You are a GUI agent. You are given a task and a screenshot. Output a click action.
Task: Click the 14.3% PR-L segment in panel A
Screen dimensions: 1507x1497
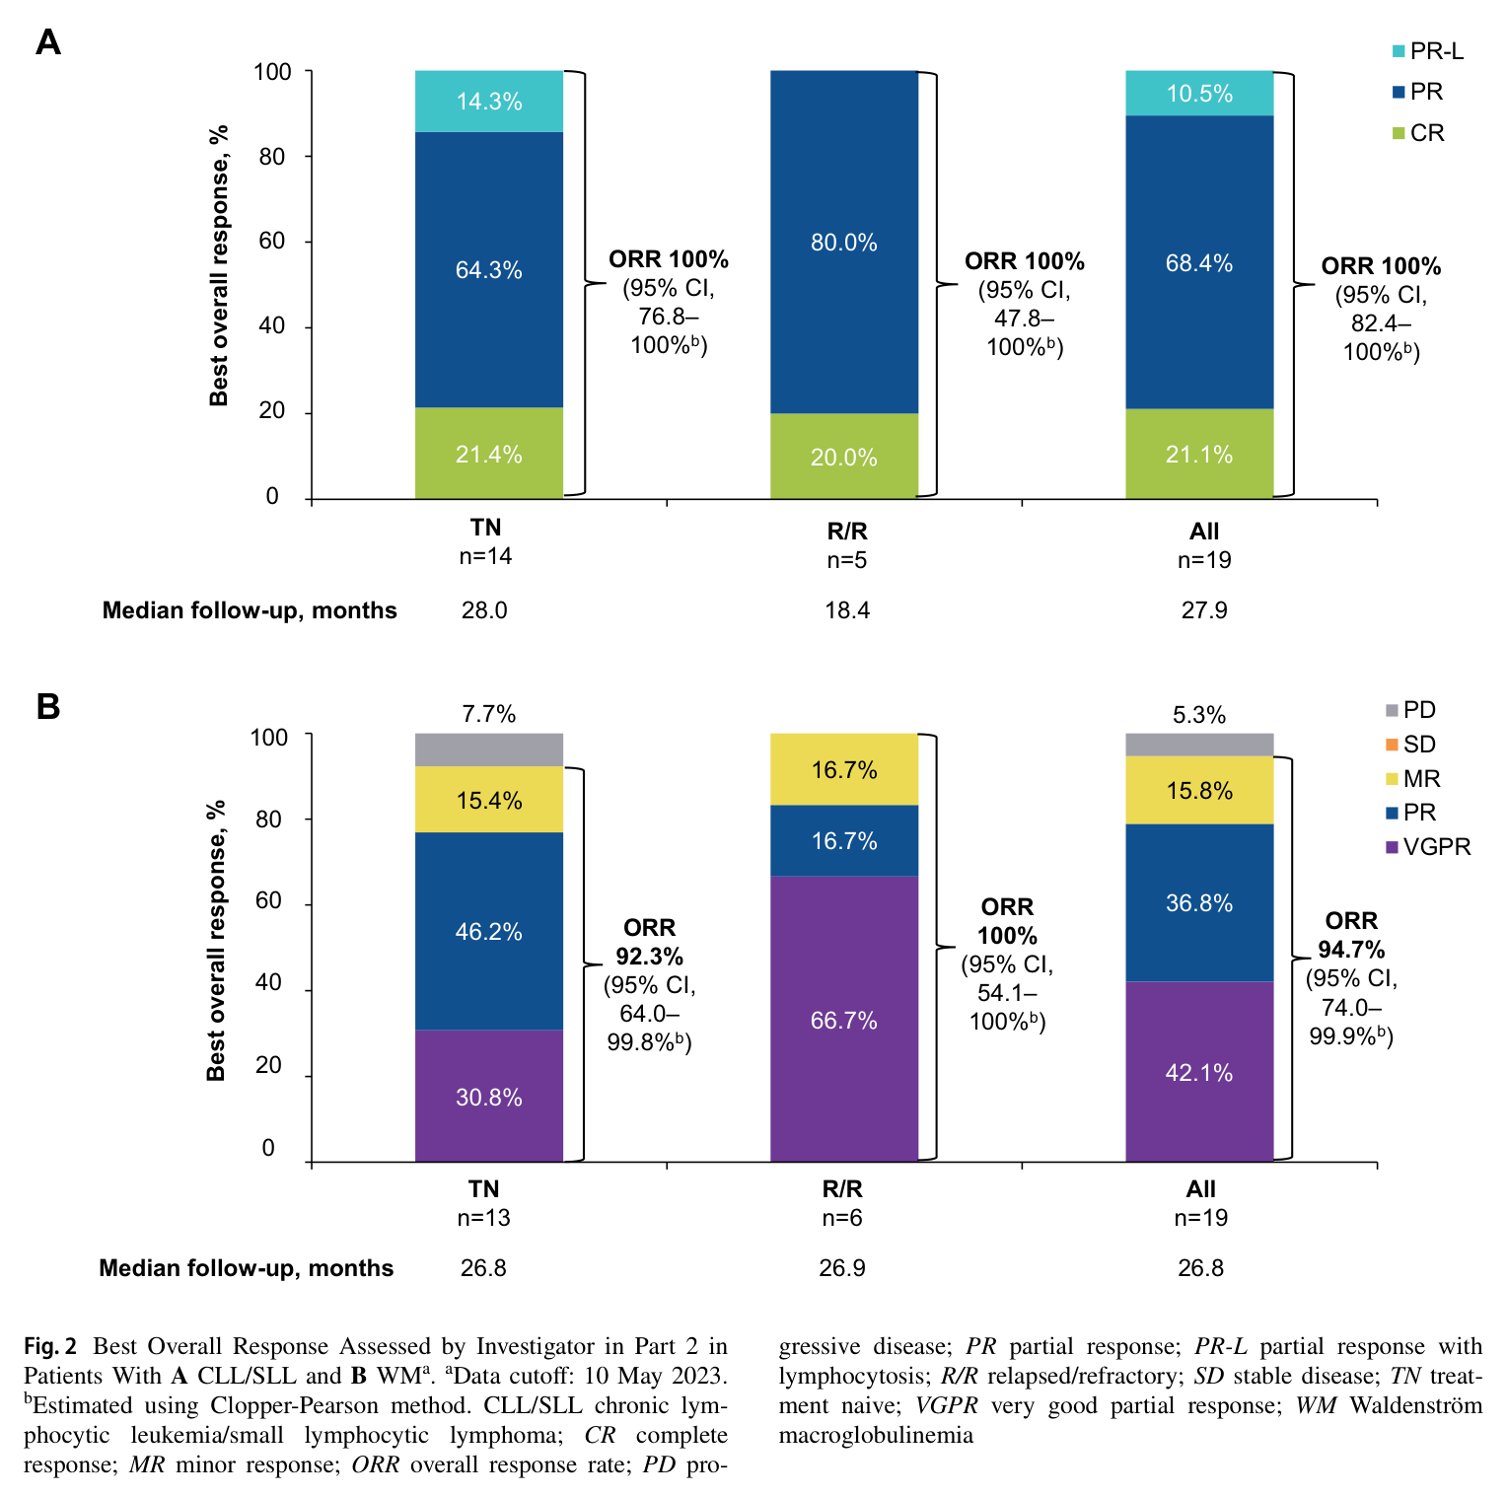pos(489,102)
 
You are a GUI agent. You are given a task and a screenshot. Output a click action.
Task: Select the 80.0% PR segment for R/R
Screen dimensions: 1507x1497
pos(844,242)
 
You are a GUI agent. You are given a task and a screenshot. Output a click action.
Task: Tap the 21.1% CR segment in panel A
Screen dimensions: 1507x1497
pos(1199,454)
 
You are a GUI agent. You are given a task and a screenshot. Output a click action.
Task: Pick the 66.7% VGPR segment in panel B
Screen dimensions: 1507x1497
pos(844,1019)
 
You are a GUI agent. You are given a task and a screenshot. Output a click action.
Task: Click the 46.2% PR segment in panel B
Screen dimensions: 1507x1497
pos(489,931)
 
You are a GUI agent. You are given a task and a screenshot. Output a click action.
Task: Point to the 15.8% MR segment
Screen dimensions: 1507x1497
pos(1199,790)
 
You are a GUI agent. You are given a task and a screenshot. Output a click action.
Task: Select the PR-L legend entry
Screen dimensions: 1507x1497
pos(1427,51)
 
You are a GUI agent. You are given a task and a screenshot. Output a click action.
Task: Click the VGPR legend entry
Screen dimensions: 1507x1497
pos(1428,847)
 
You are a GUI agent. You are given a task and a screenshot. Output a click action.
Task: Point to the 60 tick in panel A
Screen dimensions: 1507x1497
pos(272,241)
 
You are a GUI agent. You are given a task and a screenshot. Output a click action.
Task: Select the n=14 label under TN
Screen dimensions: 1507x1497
pos(486,556)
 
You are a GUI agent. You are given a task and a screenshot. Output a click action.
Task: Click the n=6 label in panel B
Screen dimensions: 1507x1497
pos(842,1218)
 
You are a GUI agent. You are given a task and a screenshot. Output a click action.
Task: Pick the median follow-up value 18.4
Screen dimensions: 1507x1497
pos(847,610)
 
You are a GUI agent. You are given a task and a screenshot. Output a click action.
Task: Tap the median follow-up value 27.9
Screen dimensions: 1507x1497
pos(1204,610)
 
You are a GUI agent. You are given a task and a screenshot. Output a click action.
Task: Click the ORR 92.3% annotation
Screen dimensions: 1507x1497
pos(650,942)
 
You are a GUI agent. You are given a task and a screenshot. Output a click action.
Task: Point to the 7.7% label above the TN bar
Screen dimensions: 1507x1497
pos(489,714)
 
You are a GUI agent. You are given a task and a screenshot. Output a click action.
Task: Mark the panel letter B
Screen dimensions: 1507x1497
pos(48,707)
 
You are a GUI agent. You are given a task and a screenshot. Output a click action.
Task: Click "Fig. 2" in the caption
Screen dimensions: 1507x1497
pos(50,1347)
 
